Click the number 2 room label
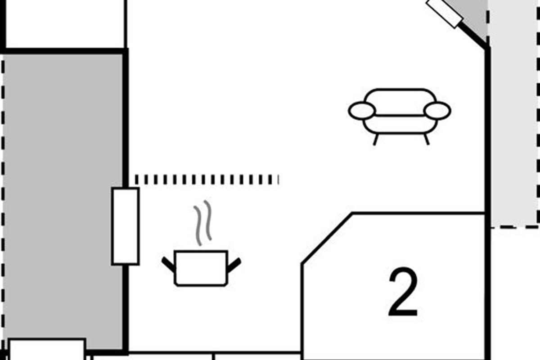click(x=403, y=292)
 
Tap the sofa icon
click(x=400, y=117)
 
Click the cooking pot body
click(x=201, y=268)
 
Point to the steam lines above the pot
click(x=203, y=223)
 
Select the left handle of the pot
click(x=168, y=265)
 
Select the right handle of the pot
click(x=234, y=265)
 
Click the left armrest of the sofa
click(x=362, y=111)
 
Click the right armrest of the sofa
click(x=437, y=111)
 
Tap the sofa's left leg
click(x=375, y=139)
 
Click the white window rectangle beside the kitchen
click(x=126, y=226)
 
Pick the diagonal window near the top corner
click(x=444, y=13)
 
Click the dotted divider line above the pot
click(x=207, y=180)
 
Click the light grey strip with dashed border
click(x=513, y=113)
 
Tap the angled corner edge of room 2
click(x=327, y=238)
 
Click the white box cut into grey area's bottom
click(x=47, y=349)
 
